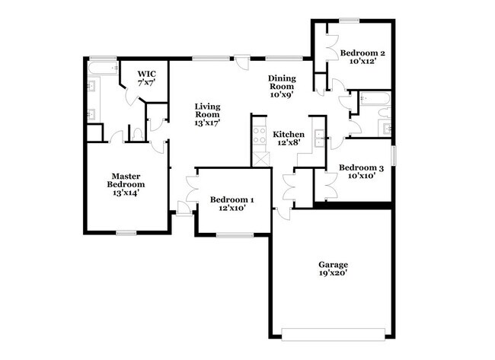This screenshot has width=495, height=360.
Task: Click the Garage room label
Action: [x=333, y=264]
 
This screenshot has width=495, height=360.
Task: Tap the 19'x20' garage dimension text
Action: [x=333, y=273]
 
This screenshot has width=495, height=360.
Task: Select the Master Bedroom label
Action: [x=126, y=180]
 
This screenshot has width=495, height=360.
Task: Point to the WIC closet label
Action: [x=146, y=74]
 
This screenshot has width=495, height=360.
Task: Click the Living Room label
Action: [x=207, y=110]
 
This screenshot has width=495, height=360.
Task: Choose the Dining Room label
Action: [x=282, y=82]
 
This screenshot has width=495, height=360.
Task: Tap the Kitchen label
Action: [x=289, y=135]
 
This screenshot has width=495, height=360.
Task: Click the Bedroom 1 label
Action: [x=232, y=199]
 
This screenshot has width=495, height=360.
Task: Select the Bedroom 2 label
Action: [x=362, y=53]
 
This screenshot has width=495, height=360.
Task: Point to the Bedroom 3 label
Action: [x=361, y=167]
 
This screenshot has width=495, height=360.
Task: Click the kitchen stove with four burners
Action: [x=260, y=135]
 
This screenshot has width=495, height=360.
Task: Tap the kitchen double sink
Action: [x=320, y=139]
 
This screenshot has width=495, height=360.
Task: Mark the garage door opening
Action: [x=333, y=334]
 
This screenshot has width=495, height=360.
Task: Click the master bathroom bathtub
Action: [x=103, y=68]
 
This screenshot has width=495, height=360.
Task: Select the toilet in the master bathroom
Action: [x=137, y=134]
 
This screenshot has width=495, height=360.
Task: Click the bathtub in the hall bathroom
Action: [x=375, y=98]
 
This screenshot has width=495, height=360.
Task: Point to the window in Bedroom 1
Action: [x=235, y=234]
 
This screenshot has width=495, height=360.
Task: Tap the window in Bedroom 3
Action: [x=394, y=155]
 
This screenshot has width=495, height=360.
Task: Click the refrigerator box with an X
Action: [x=261, y=159]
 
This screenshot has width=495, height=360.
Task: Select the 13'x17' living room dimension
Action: [x=207, y=123]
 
